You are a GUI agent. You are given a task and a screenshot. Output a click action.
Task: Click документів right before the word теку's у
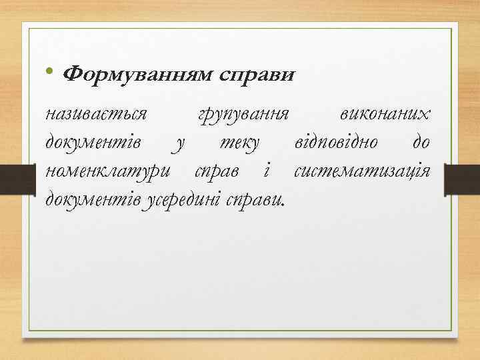[91, 142]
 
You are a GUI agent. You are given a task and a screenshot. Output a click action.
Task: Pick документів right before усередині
[91, 198]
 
